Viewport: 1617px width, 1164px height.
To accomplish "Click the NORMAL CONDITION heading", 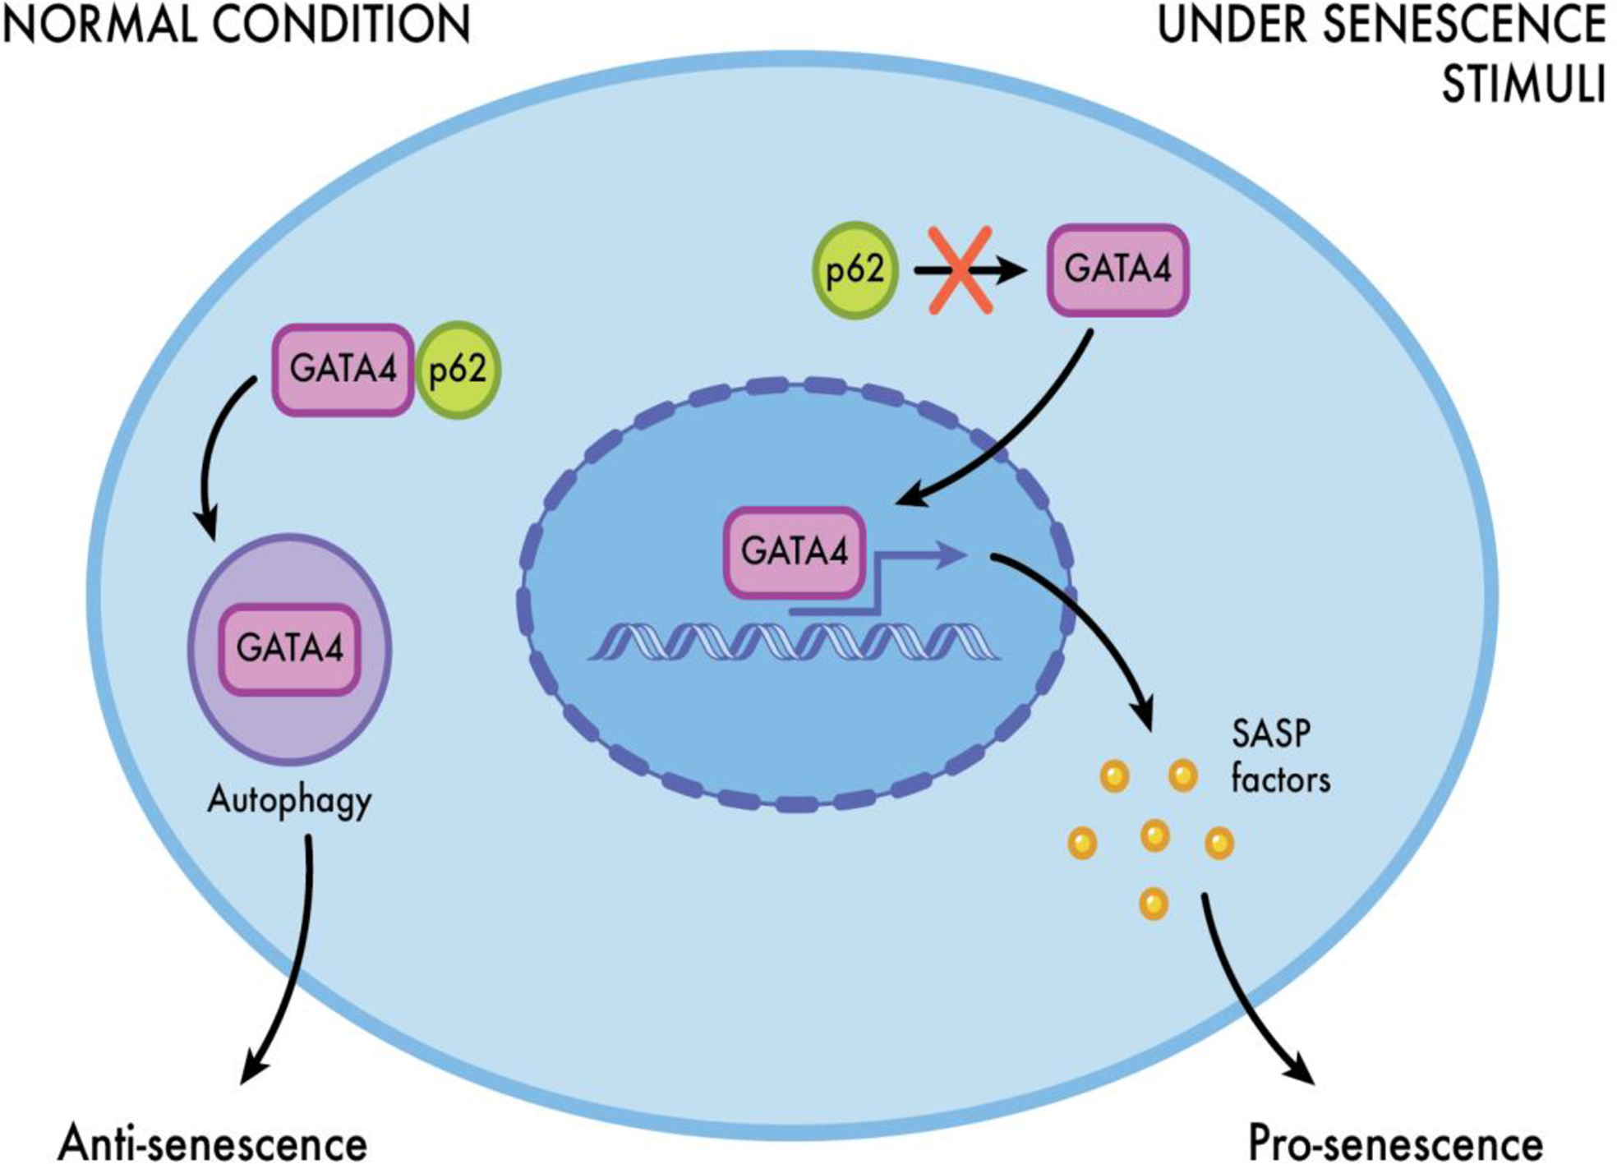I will point(237,25).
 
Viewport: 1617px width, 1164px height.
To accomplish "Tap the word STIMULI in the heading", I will point(1523,84).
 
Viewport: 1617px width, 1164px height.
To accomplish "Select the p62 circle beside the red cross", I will point(855,270).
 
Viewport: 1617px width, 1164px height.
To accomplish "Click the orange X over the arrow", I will point(960,270).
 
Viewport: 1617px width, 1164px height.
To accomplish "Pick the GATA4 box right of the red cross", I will point(1117,270).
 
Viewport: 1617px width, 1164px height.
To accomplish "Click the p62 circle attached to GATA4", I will point(458,370).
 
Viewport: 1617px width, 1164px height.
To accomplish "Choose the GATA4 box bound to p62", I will point(343,370).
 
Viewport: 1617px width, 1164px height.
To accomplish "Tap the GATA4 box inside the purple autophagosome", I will point(289,649).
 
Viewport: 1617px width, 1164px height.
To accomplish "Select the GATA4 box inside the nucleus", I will point(794,551).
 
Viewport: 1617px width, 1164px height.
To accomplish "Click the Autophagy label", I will point(289,800).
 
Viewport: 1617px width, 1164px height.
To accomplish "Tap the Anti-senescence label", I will point(213,1142).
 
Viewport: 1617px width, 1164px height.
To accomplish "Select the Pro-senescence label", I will point(1395,1142).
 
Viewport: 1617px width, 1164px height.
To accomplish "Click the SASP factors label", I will point(1278,756).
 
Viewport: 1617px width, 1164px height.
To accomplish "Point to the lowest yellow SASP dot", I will point(1154,904).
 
